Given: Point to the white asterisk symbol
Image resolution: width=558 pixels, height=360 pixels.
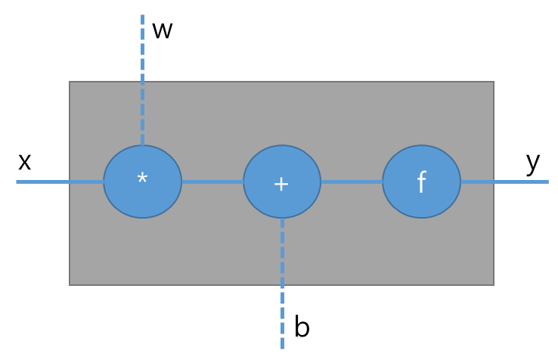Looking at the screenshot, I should (142, 179).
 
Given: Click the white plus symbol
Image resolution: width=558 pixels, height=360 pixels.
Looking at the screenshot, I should (281, 184).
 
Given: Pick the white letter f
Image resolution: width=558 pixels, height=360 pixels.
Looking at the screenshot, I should (421, 182).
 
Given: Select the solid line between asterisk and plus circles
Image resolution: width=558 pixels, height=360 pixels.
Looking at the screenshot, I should (212, 182).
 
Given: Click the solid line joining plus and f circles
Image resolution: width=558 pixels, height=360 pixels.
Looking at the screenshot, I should (352, 182).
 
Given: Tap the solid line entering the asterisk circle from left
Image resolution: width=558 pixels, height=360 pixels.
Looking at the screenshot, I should (60, 182).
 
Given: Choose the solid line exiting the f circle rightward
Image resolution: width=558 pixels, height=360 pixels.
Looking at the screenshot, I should (504, 182).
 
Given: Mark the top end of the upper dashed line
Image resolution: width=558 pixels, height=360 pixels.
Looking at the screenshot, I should (142, 16).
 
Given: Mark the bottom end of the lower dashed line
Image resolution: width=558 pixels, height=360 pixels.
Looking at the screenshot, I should (282, 348).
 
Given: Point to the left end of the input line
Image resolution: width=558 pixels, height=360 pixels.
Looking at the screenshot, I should (17, 182).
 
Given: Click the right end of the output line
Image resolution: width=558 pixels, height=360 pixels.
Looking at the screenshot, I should (547, 182).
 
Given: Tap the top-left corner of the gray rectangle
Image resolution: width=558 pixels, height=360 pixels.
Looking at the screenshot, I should (70, 82).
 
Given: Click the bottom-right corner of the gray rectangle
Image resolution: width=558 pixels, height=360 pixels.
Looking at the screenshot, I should (493, 284).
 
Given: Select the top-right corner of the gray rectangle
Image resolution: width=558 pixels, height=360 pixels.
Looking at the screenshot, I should (493, 82).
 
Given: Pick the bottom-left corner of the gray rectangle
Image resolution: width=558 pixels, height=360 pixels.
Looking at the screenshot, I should (70, 284).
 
